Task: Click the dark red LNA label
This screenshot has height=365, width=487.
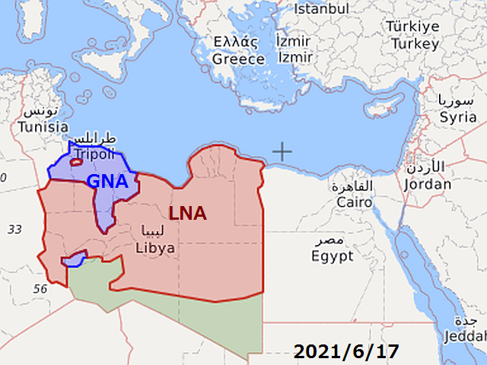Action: [187, 214]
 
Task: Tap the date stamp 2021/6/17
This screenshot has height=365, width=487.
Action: [346, 352]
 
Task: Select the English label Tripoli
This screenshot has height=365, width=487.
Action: [94, 154]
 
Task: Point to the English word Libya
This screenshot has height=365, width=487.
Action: [155, 248]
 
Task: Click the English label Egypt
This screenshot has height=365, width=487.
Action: [333, 256]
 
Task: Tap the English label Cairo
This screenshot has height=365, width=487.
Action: [355, 202]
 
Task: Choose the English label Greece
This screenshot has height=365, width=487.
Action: [238, 59]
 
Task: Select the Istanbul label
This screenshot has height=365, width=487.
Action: [321, 9]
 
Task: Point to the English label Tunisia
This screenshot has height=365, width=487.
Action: [43, 126]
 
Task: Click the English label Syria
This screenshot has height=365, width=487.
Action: [458, 117]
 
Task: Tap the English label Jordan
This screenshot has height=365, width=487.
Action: [428, 183]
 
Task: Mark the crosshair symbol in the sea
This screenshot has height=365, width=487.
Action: [282, 151]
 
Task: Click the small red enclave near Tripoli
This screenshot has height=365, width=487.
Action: [76, 161]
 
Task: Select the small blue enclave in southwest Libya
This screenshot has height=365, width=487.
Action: [73, 260]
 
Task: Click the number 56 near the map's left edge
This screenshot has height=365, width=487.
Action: [40, 289]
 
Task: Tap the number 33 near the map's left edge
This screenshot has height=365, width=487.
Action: [15, 229]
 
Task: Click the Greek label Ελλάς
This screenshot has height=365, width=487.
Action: [235, 42]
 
